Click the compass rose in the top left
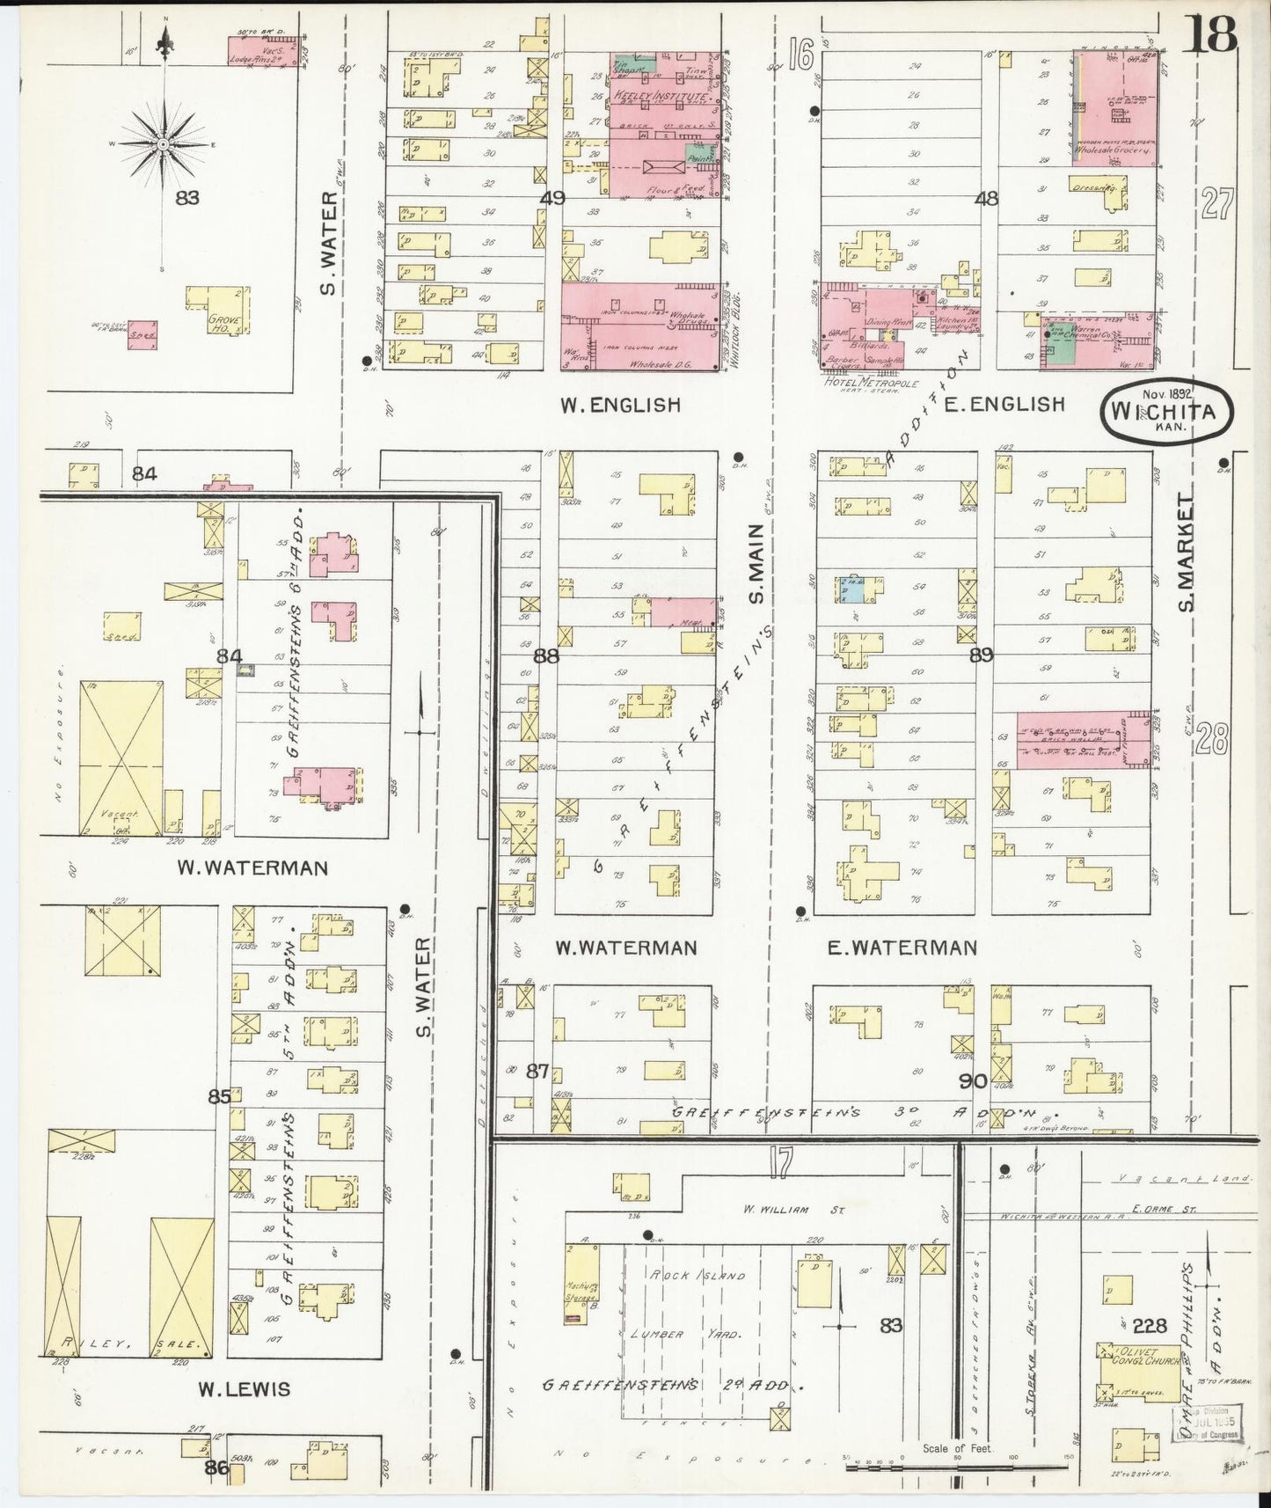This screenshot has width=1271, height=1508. pos(164,143)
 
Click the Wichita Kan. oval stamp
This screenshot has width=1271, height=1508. pos(1165,411)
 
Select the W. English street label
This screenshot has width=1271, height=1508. pos(621,405)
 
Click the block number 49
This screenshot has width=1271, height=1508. pos(552,199)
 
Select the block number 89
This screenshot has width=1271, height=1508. pos(982,655)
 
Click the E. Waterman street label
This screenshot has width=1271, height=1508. pos(902,948)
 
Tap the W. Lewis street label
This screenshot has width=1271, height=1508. pos(244,1390)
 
